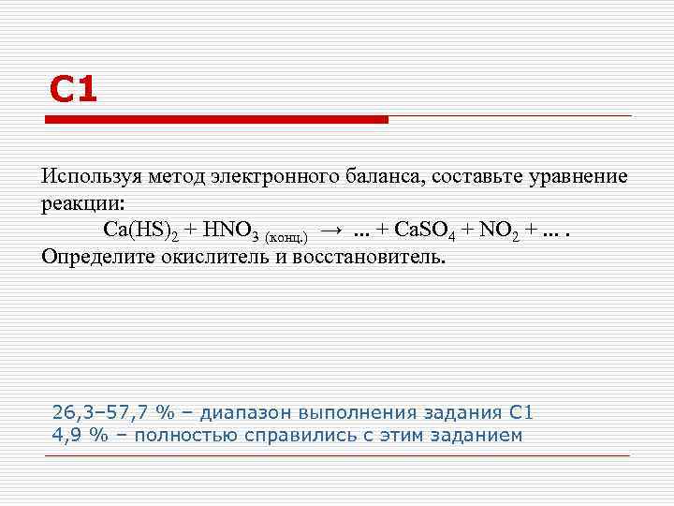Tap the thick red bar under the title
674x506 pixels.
click(217, 120)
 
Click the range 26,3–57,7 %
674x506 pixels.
click(112, 413)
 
